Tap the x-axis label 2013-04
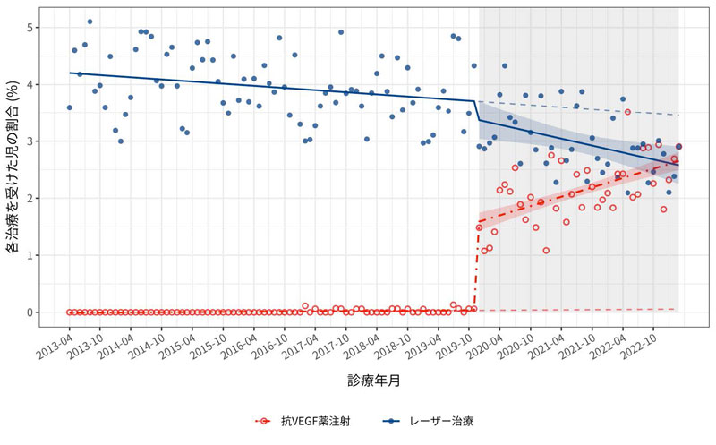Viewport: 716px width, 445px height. [x=55, y=343]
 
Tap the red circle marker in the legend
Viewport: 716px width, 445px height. [x=266, y=420]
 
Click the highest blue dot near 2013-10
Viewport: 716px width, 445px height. [x=89, y=21]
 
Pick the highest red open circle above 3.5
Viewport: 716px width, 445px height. [x=627, y=112]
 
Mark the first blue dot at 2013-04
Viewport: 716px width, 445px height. [x=69, y=107]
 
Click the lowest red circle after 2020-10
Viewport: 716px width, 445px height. [x=545, y=251]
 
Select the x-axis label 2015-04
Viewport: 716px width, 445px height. [x=177, y=343]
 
